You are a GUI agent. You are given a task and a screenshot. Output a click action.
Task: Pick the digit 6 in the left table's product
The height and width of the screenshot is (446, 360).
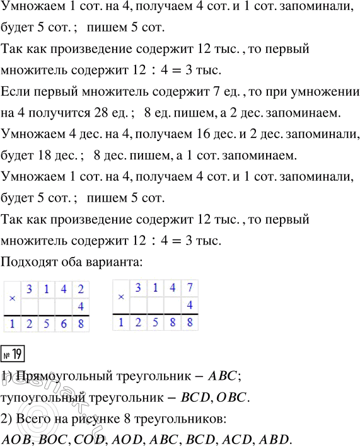(x=62, y=324)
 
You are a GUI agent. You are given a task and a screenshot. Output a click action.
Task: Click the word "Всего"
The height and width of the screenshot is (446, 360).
(x=32, y=419)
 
